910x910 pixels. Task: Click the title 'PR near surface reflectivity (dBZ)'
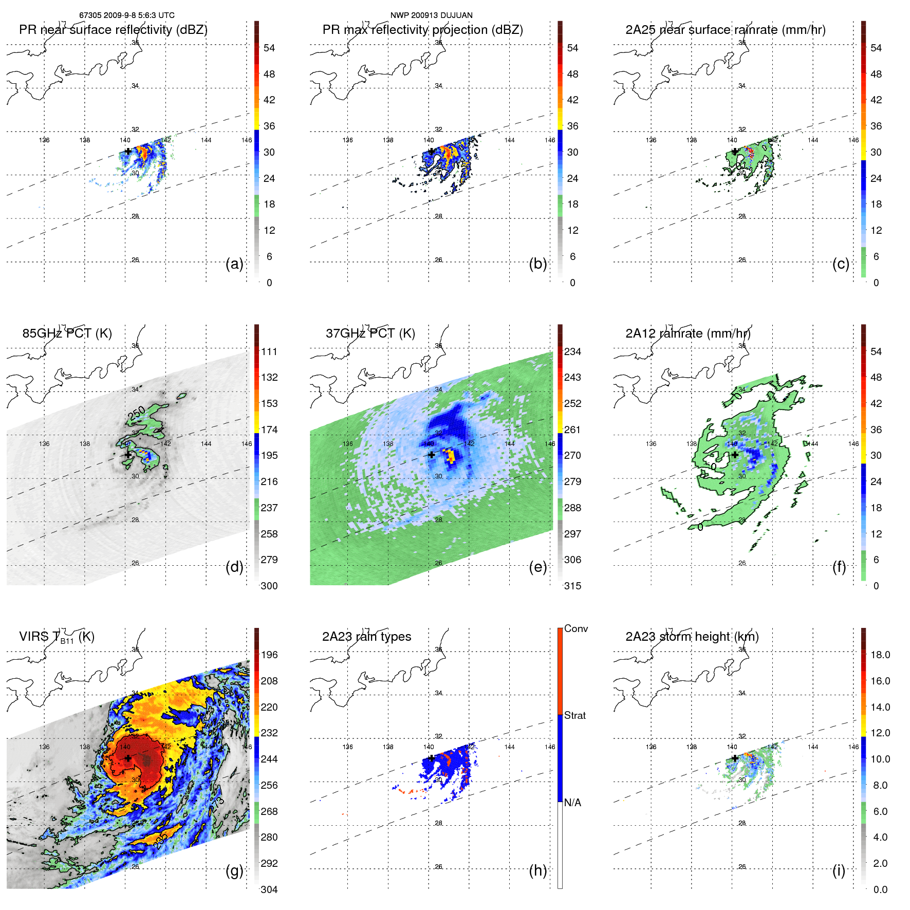tap(113, 30)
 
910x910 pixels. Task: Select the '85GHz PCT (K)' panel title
tap(67, 333)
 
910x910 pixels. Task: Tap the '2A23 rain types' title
tap(366, 637)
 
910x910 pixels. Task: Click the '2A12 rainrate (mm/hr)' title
tap(688, 333)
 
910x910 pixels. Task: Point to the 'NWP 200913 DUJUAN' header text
tap(431, 15)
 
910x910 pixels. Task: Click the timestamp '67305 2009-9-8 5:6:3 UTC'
tap(126, 15)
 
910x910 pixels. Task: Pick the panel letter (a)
tap(234, 264)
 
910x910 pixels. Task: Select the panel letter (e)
tap(537, 567)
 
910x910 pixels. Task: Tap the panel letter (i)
tap(838, 870)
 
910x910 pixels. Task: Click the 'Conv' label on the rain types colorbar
tap(575, 628)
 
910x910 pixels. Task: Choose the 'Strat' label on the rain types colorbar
tap(574, 715)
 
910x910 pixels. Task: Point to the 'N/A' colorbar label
tap(572, 803)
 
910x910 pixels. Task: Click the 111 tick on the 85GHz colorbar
tap(269, 351)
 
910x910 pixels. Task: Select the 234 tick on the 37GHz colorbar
tap(572, 351)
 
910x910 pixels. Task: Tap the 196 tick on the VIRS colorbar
tap(269, 655)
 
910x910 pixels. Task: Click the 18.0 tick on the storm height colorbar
tap(880, 655)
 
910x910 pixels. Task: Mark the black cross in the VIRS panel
tap(128, 758)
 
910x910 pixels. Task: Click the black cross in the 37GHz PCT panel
tap(431, 455)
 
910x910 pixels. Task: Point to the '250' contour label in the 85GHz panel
tap(137, 413)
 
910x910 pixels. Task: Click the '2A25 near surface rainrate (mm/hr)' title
tap(725, 30)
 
